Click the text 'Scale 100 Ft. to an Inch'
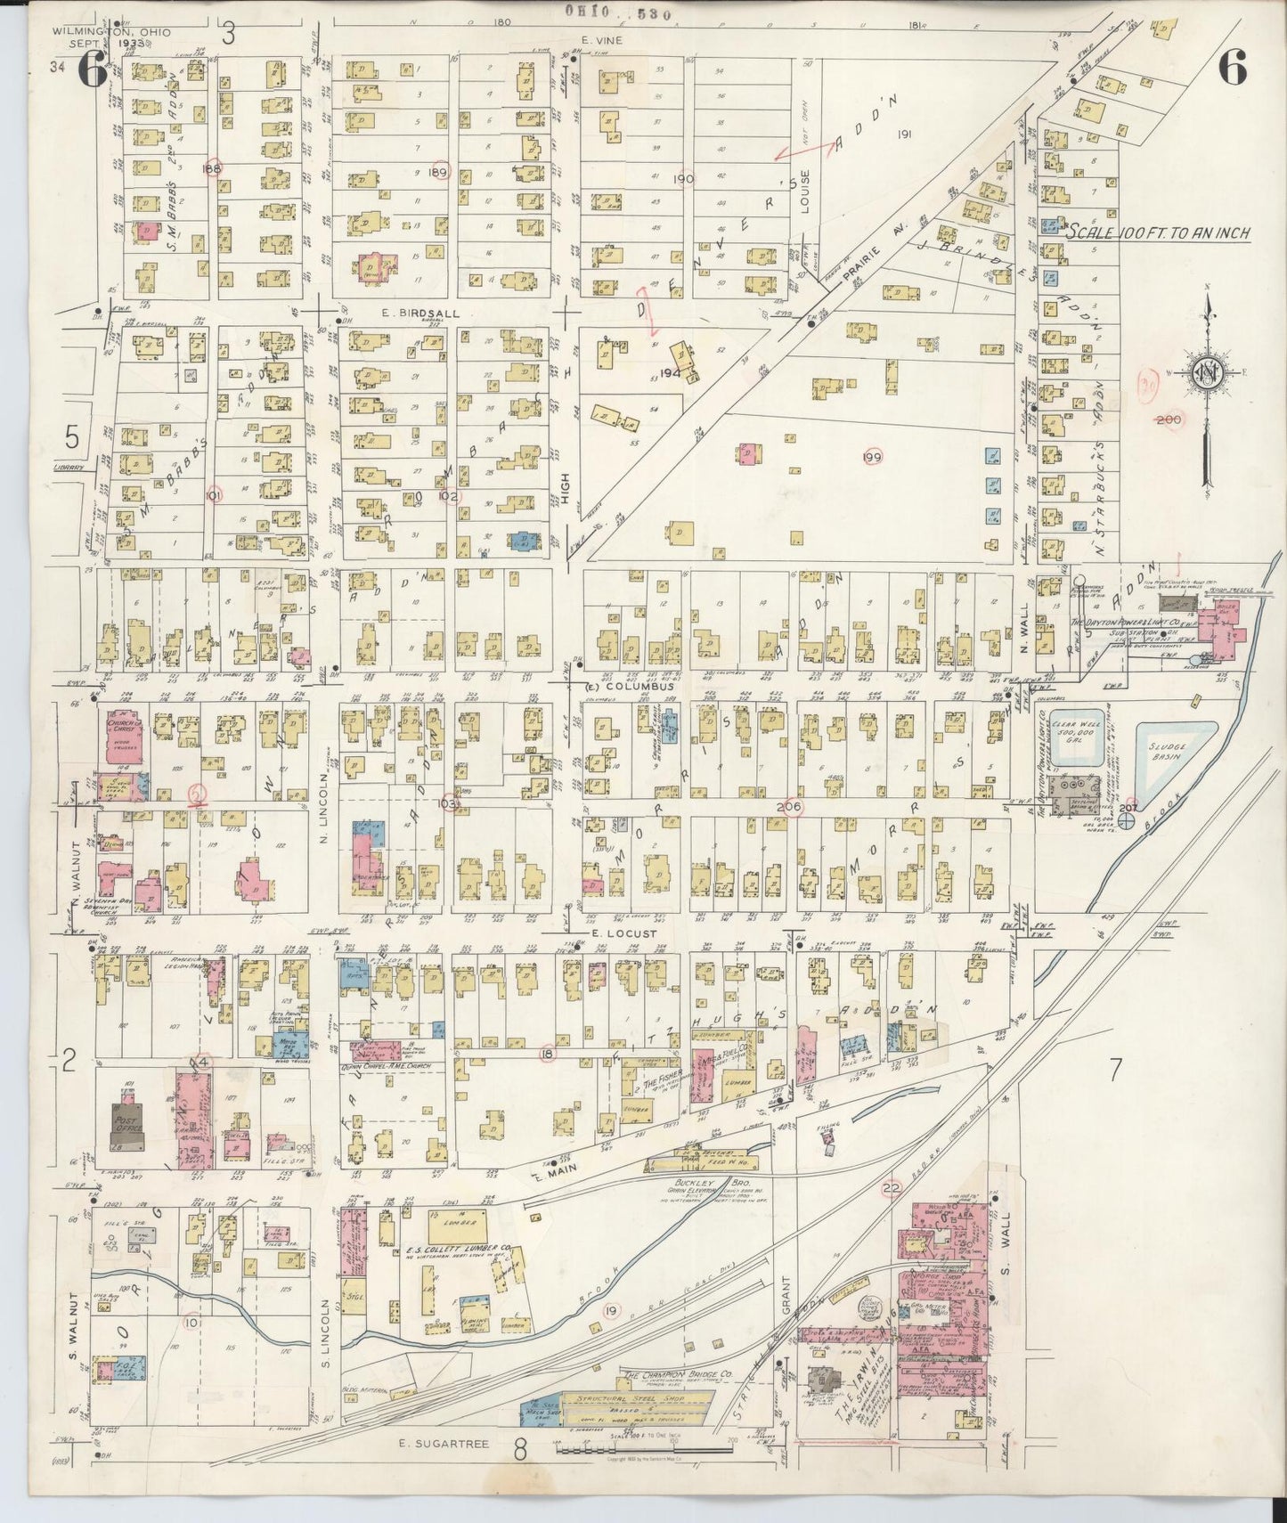(1160, 232)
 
